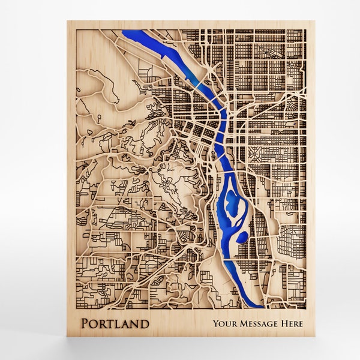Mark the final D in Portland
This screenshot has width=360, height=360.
(145, 325)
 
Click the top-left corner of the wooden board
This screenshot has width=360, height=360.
(68, 22)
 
